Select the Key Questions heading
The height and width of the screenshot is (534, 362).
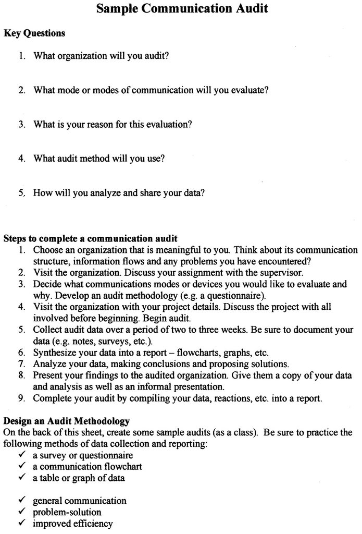pyautogui.click(x=34, y=33)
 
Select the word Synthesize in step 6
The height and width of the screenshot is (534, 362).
pyautogui.click(x=54, y=353)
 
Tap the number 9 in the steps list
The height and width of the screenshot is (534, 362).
pyautogui.click(x=21, y=399)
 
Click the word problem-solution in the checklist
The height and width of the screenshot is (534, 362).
pyautogui.click(x=67, y=512)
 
